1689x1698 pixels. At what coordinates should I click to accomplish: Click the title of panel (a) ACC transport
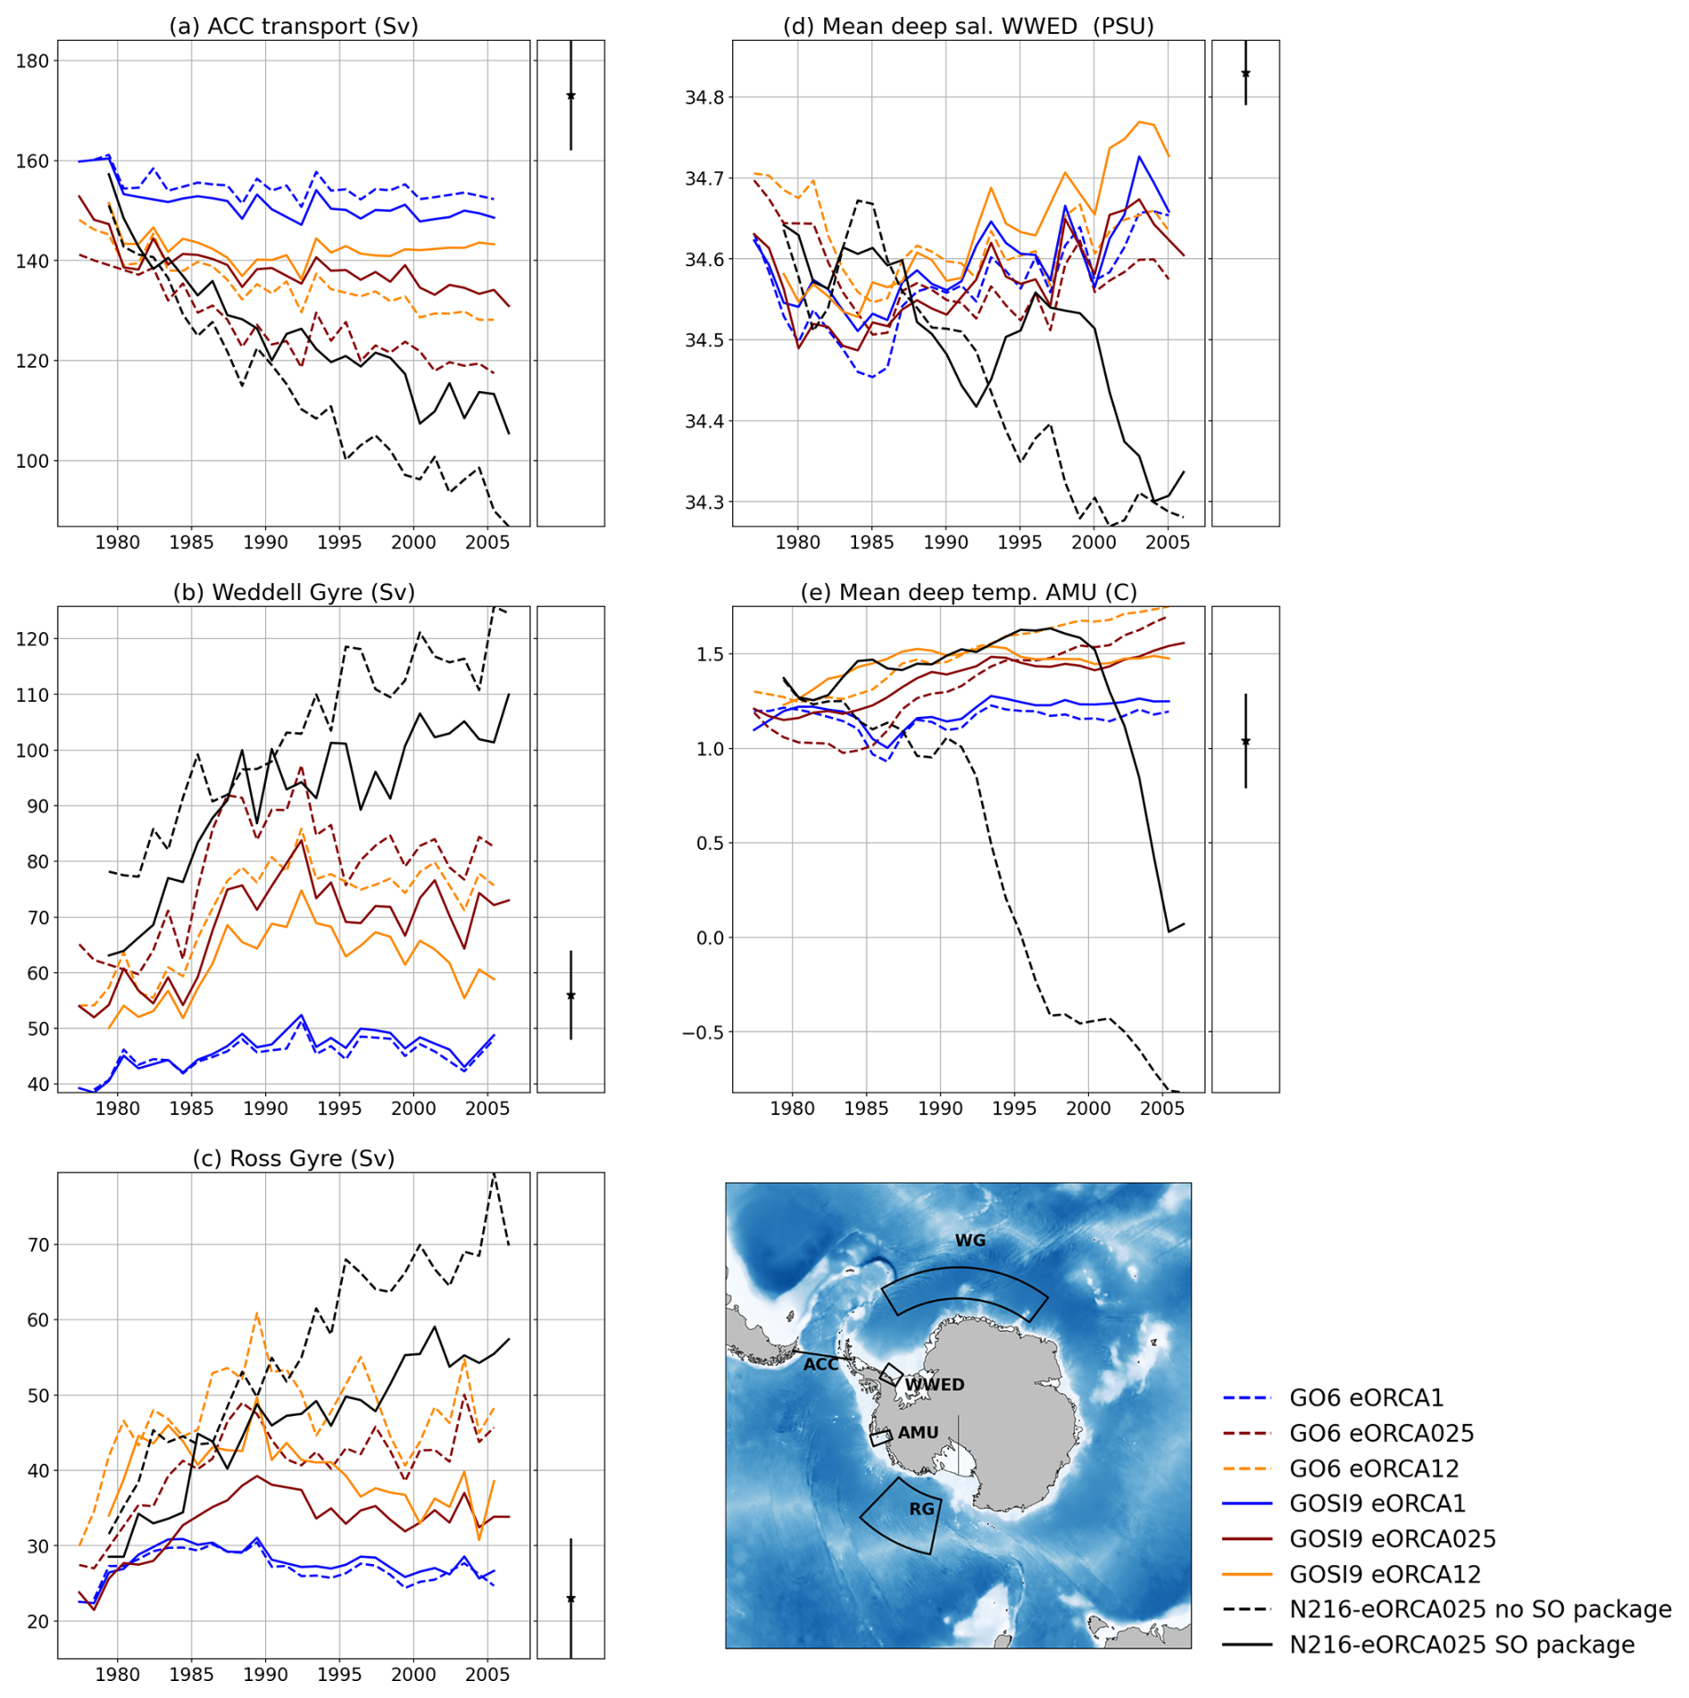(x=294, y=26)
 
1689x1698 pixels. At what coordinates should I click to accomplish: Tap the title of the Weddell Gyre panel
(x=294, y=592)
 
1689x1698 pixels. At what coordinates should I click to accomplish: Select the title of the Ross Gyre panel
(x=294, y=1158)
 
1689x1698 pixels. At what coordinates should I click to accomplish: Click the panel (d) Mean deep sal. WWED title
(x=968, y=26)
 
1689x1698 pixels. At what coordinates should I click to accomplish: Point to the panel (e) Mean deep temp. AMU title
(x=968, y=592)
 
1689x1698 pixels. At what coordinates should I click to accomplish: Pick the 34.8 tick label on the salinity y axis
(x=703, y=97)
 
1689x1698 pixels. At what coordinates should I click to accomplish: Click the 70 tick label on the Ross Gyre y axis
(x=37, y=1244)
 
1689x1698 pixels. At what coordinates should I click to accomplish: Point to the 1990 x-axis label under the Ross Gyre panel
(x=265, y=1674)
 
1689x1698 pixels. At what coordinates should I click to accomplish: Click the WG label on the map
(x=969, y=1240)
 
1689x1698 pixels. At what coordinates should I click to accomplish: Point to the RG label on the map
(x=921, y=1509)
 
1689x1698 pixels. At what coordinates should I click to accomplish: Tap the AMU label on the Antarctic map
(x=918, y=1432)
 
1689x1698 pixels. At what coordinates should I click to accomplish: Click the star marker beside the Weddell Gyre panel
(x=570, y=995)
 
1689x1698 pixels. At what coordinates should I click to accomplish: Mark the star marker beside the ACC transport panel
(x=570, y=96)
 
